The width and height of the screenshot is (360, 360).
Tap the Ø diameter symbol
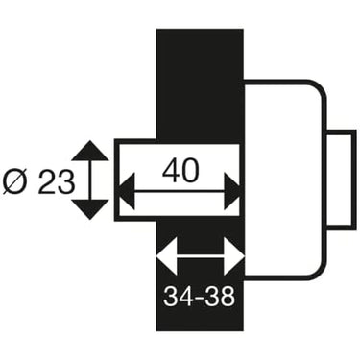point(16,182)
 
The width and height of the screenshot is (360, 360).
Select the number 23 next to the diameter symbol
point(55,182)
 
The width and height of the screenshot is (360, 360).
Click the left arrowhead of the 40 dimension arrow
point(126,192)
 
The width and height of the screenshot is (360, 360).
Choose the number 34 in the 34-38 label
point(176,297)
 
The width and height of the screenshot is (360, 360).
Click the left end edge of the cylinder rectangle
point(116,180)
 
